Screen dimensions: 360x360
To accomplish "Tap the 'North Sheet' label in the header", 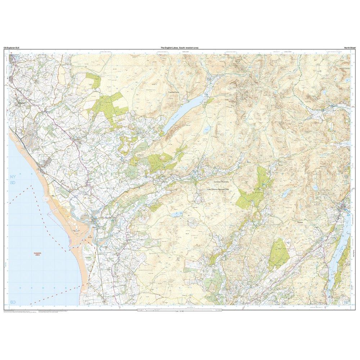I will point(349,48).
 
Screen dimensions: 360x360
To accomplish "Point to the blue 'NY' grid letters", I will point(13,177).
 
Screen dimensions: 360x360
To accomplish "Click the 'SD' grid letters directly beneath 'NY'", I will point(13,184).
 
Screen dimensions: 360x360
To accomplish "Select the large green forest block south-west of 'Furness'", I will point(279,254).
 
